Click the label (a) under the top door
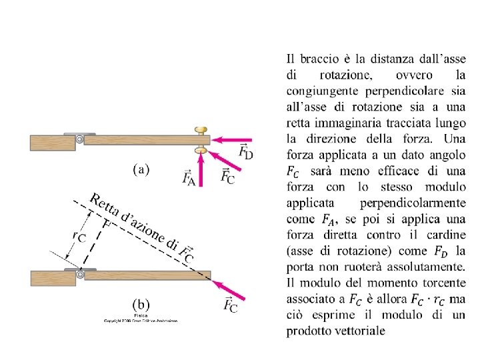pyautogui.click(x=141, y=169)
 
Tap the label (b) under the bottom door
pyautogui.click(x=141, y=305)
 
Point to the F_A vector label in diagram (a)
pyautogui.click(x=188, y=177)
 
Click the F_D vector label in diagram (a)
pyautogui.click(x=245, y=151)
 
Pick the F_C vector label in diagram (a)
pyautogui.click(x=227, y=176)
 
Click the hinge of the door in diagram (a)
pyautogui.click(x=80, y=139)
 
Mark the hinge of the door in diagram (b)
pyautogui.click(x=80, y=274)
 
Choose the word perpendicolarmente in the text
pyautogui.click(x=413, y=203)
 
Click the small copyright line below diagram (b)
pyautogui.click(x=141, y=321)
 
